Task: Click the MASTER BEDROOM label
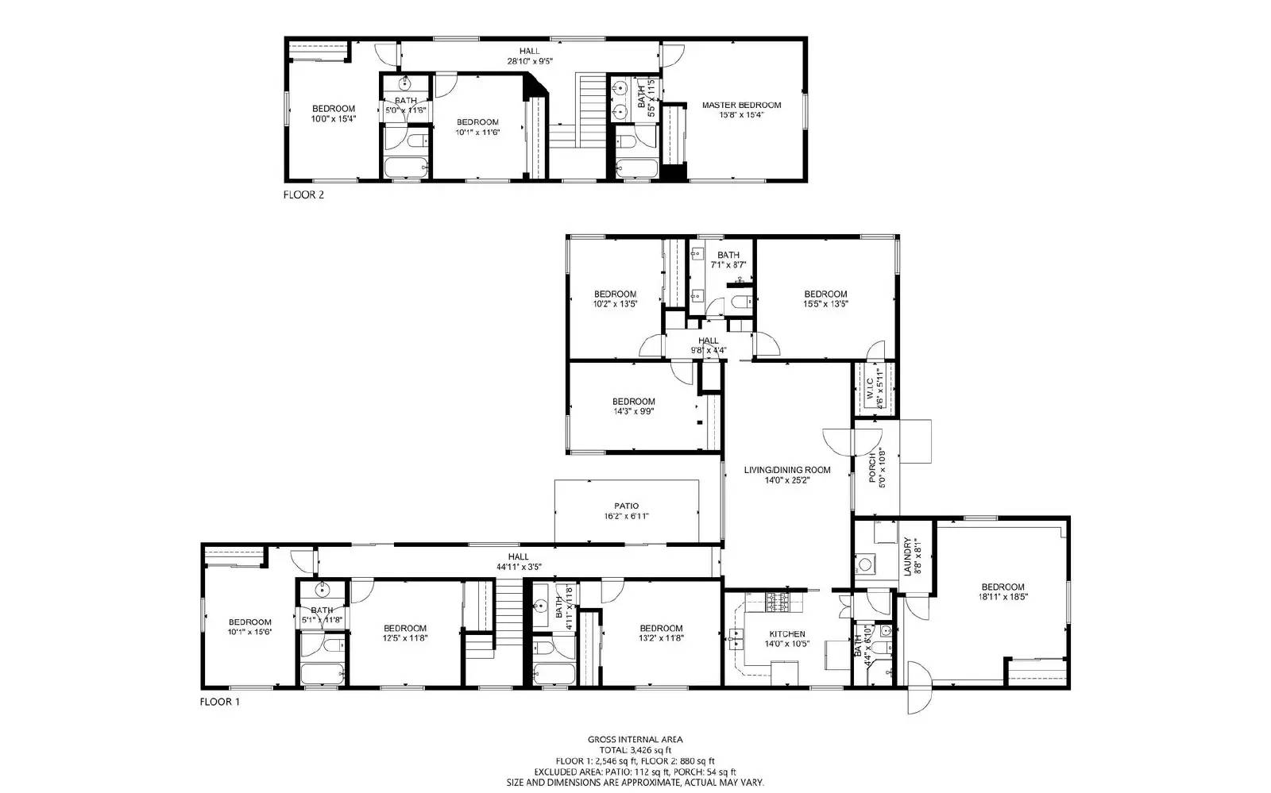pyautogui.click(x=740, y=105)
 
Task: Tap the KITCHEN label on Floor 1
pyautogui.click(x=787, y=634)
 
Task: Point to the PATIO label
pyautogui.click(x=626, y=506)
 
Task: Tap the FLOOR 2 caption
pyautogui.click(x=303, y=194)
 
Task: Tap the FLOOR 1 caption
pyautogui.click(x=219, y=702)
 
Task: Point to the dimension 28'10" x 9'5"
pyautogui.click(x=530, y=61)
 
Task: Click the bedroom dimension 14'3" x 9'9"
pyautogui.click(x=633, y=411)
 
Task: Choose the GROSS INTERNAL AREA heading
pyautogui.click(x=635, y=739)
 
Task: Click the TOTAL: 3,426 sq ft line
pyautogui.click(x=635, y=749)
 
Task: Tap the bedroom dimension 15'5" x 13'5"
pyautogui.click(x=825, y=303)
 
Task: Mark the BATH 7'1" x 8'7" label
pyautogui.click(x=728, y=260)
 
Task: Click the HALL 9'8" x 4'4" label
pyautogui.click(x=708, y=345)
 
